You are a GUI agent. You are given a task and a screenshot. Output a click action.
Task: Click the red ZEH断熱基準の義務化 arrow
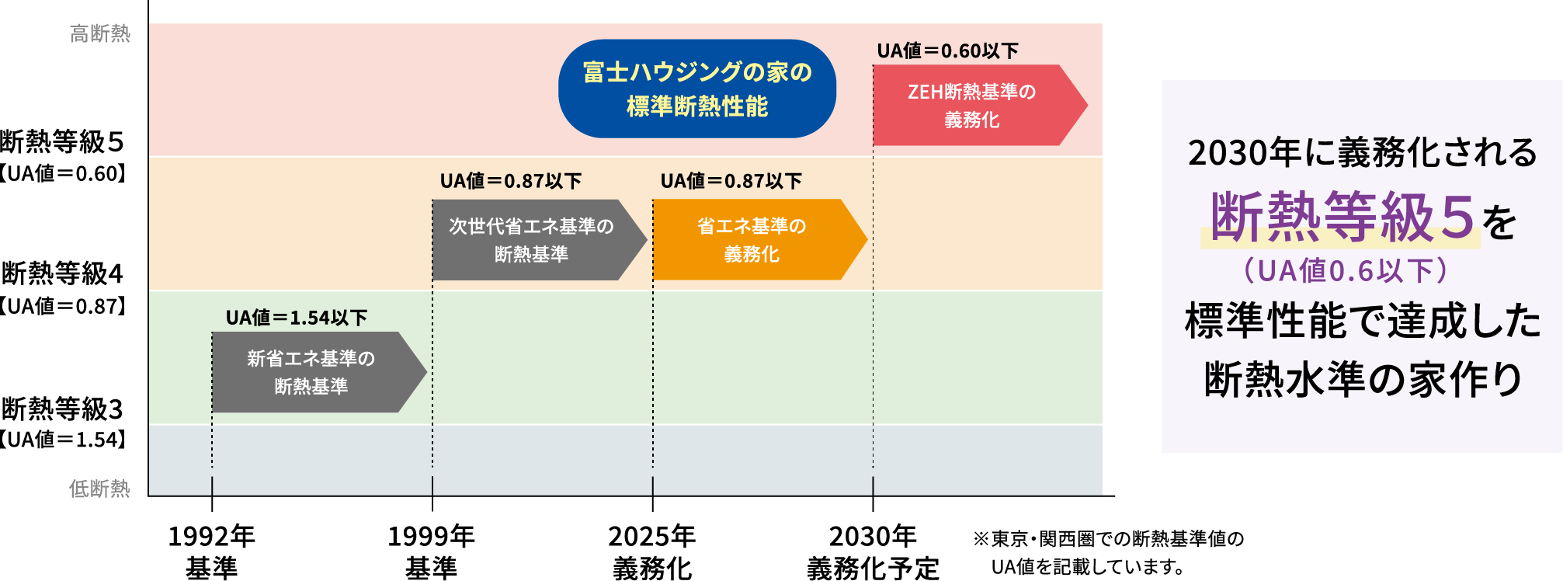point(980,105)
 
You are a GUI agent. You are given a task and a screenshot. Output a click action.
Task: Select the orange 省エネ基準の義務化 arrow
point(759,239)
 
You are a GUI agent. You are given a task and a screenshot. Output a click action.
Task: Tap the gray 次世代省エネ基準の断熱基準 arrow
point(539,239)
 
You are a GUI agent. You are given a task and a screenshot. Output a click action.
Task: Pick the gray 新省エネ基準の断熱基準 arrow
point(318,372)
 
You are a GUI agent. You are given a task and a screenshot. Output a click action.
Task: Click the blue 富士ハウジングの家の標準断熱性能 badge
point(697,89)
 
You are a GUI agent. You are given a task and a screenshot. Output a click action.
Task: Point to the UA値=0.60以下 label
point(947,50)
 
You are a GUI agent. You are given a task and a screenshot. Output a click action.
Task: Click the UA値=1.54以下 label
point(297,317)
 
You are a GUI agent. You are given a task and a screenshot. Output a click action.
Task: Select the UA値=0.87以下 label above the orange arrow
point(731,181)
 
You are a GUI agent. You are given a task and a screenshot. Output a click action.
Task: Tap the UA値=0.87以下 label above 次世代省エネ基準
point(511,181)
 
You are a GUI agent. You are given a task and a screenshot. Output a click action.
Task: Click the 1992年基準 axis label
point(212,551)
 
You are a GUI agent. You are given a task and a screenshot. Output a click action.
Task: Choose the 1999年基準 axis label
point(432,551)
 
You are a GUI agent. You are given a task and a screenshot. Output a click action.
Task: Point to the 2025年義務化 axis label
point(652,551)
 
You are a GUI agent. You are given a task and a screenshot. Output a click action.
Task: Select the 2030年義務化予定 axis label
point(874,551)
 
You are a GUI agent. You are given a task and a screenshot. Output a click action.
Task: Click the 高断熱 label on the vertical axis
point(100,33)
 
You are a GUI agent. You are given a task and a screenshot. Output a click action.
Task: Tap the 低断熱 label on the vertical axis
point(100,489)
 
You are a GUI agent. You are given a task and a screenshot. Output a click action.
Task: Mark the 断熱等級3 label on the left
point(62,409)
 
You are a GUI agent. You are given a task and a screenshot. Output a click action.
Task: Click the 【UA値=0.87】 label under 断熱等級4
point(62,306)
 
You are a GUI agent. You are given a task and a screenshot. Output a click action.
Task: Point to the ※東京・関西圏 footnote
point(1109,552)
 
